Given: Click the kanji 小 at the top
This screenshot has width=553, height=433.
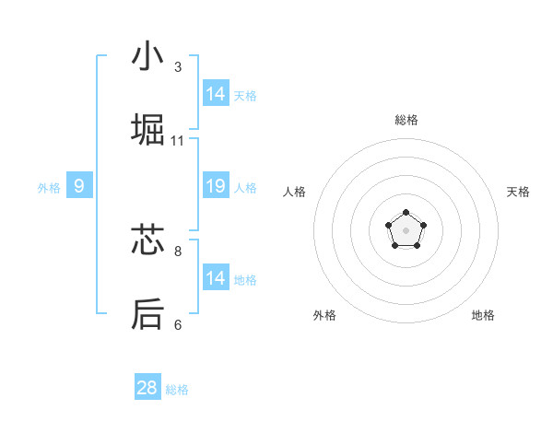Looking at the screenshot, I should pyautogui.click(x=147, y=56).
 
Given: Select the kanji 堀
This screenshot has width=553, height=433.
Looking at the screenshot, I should pyautogui.click(x=147, y=131).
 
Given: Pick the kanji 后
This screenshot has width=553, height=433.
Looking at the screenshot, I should pyautogui.click(x=147, y=314).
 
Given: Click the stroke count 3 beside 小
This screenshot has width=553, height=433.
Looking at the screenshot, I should pyautogui.click(x=178, y=67).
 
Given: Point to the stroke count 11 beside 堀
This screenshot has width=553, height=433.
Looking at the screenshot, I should pyautogui.click(x=178, y=141).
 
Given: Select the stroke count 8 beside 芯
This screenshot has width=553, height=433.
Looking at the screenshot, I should pyautogui.click(x=178, y=250).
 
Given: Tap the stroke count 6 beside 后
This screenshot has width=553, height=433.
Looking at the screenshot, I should pyautogui.click(x=178, y=324).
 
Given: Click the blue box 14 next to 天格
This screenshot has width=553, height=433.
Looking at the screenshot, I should pyautogui.click(x=216, y=94).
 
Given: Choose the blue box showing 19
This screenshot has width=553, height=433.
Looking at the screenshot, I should pyautogui.click(x=216, y=186).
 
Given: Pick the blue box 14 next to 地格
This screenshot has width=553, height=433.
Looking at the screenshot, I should pyautogui.click(x=216, y=278).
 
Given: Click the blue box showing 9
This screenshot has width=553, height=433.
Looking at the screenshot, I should pyautogui.click(x=79, y=186).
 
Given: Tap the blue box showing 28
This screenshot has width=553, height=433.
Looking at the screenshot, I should pyautogui.click(x=147, y=388).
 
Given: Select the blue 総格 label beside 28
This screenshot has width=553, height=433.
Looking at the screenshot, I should pyautogui.click(x=177, y=390).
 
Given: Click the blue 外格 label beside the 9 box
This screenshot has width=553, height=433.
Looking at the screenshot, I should pyautogui.click(x=49, y=188).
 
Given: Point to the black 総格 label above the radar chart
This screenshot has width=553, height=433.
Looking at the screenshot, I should pyautogui.click(x=406, y=120).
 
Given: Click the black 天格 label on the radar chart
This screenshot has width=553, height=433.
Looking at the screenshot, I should pyautogui.click(x=518, y=192).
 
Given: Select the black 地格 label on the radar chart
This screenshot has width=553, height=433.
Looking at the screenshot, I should pyautogui.click(x=483, y=315).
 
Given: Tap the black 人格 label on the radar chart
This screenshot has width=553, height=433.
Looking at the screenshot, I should pyautogui.click(x=295, y=192).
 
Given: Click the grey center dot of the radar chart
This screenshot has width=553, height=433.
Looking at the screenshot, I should pyautogui.click(x=406, y=229).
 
